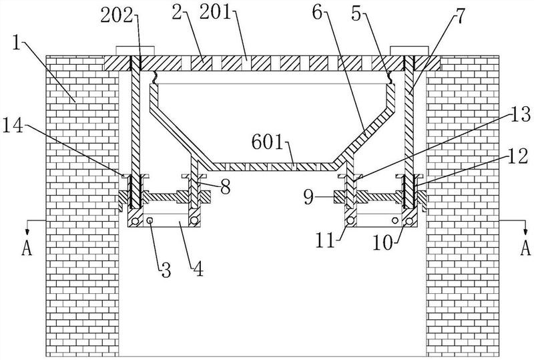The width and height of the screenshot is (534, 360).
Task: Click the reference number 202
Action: pyautogui.click(x=116, y=16)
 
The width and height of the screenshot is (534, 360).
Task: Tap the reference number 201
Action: pyautogui.click(x=216, y=13)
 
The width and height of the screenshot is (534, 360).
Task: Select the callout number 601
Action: pyautogui.click(x=268, y=142)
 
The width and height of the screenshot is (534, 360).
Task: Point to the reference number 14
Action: pyautogui.click(x=13, y=126)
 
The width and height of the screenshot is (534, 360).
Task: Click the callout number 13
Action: pyautogui.click(x=520, y=114)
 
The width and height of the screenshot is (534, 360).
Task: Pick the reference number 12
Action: pyautogui.click(x=518, y=156)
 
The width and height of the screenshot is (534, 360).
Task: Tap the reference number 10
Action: pyautogui.click(x=383, y=243)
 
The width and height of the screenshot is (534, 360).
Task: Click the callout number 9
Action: pyautogui.click(x=309, y=198)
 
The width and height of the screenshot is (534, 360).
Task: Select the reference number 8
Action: pyautogui.click(x=225, y=186)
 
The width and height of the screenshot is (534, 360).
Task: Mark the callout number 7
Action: pyautogui.click(x=460, y=16)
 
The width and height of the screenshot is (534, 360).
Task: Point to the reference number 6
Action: pyautogui.click(x=317, y=13)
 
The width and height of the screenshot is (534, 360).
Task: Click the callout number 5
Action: pyautogui.click(x=356, y=14)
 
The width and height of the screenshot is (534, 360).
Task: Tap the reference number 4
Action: pyautogui.click(x=198, y=269)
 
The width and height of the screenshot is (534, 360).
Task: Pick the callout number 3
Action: pyautogui.click(x=166, y=271)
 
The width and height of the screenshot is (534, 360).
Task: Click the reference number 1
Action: pyautogui.click(x=16, y=43)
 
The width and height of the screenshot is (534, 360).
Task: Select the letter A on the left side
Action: pyautogui.click(x=27, y=248)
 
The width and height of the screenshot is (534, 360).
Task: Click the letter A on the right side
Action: pyautogui.click(x=525, y=248)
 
